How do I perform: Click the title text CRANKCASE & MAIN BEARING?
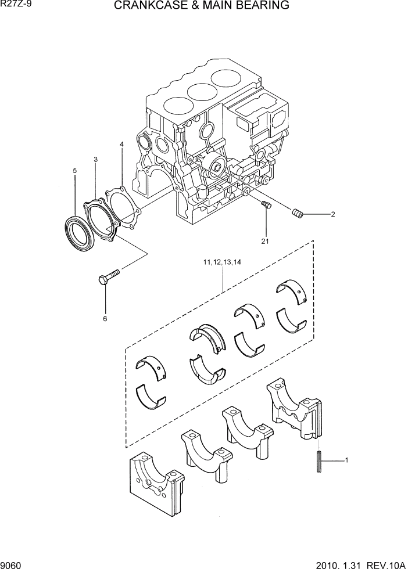point(201,6)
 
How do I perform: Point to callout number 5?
point(74,171)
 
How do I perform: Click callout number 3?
point(95,159)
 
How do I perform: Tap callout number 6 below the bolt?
point(105,318)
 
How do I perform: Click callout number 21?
point(265,241)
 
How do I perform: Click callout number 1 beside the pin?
point(346,460)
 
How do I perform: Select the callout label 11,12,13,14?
point(222,262)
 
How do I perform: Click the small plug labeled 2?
point(298,214)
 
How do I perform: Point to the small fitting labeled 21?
point(267,204)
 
